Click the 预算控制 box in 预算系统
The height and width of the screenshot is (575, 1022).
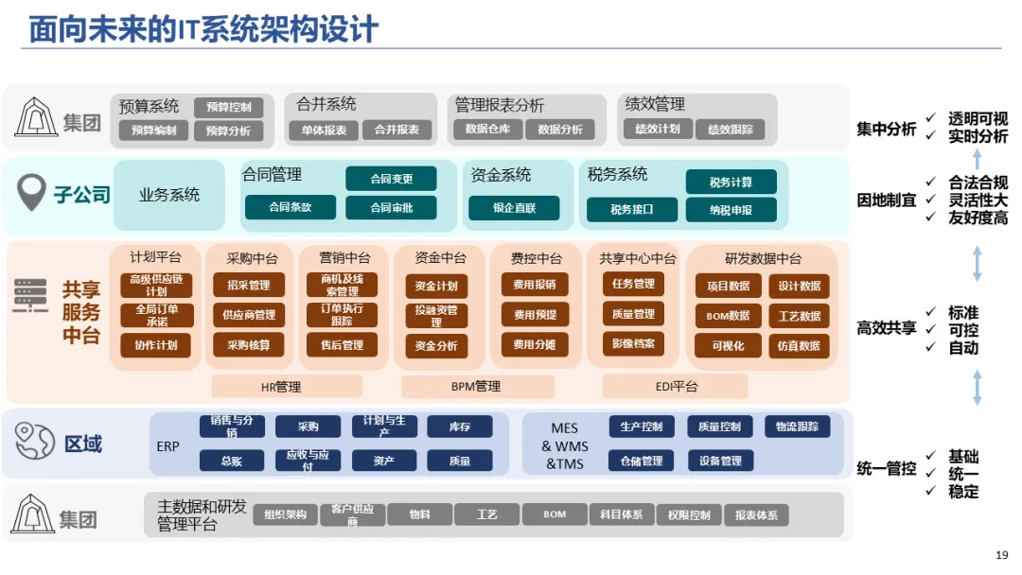pos(228,107)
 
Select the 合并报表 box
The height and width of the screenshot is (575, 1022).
pos(396,130)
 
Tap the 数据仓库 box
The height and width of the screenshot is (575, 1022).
pos(487,130)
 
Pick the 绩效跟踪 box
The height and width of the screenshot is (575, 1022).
pos(731,130)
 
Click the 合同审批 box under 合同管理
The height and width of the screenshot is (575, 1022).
pos(391,207)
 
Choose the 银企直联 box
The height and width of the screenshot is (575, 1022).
pos(514,208)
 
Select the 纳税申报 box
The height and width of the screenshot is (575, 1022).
pos(731,210)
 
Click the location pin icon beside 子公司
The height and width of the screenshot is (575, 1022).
pos(33,194)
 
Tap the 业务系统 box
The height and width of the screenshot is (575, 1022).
pos(169,195)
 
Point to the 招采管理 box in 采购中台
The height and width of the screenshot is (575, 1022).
pos(248,285)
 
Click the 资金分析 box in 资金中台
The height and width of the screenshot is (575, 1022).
pos(436,346)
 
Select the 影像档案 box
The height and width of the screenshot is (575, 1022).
pos(633,343)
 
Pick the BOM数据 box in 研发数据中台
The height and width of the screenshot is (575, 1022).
pos(728,316)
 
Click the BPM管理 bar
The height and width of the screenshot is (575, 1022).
pos(475,386)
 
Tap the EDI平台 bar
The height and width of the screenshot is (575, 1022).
pos(676,386)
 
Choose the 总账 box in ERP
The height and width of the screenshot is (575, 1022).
pos(231,461)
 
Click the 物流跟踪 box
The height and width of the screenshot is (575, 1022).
pos(797,427)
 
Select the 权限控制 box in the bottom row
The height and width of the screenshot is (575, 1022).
pos(688,514)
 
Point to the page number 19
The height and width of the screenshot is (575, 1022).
pos(1002,554)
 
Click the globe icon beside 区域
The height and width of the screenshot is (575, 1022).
pos(34,442)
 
